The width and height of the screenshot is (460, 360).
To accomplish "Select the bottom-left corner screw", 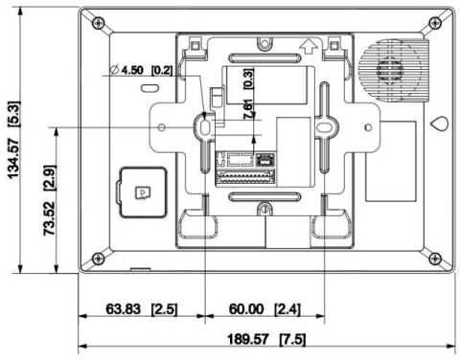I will [99, 257].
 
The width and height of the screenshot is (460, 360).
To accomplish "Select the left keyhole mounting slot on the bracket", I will [205, 125].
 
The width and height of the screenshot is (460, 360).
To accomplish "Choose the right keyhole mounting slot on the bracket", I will [323, 125].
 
